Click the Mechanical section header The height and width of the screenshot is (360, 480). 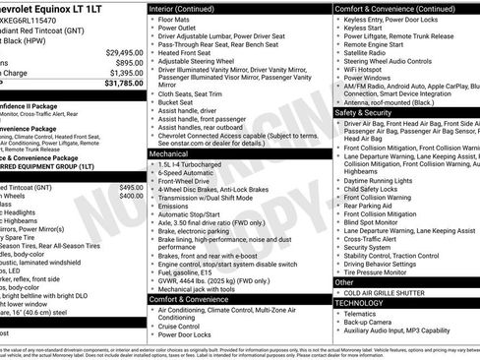pos(169,154)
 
